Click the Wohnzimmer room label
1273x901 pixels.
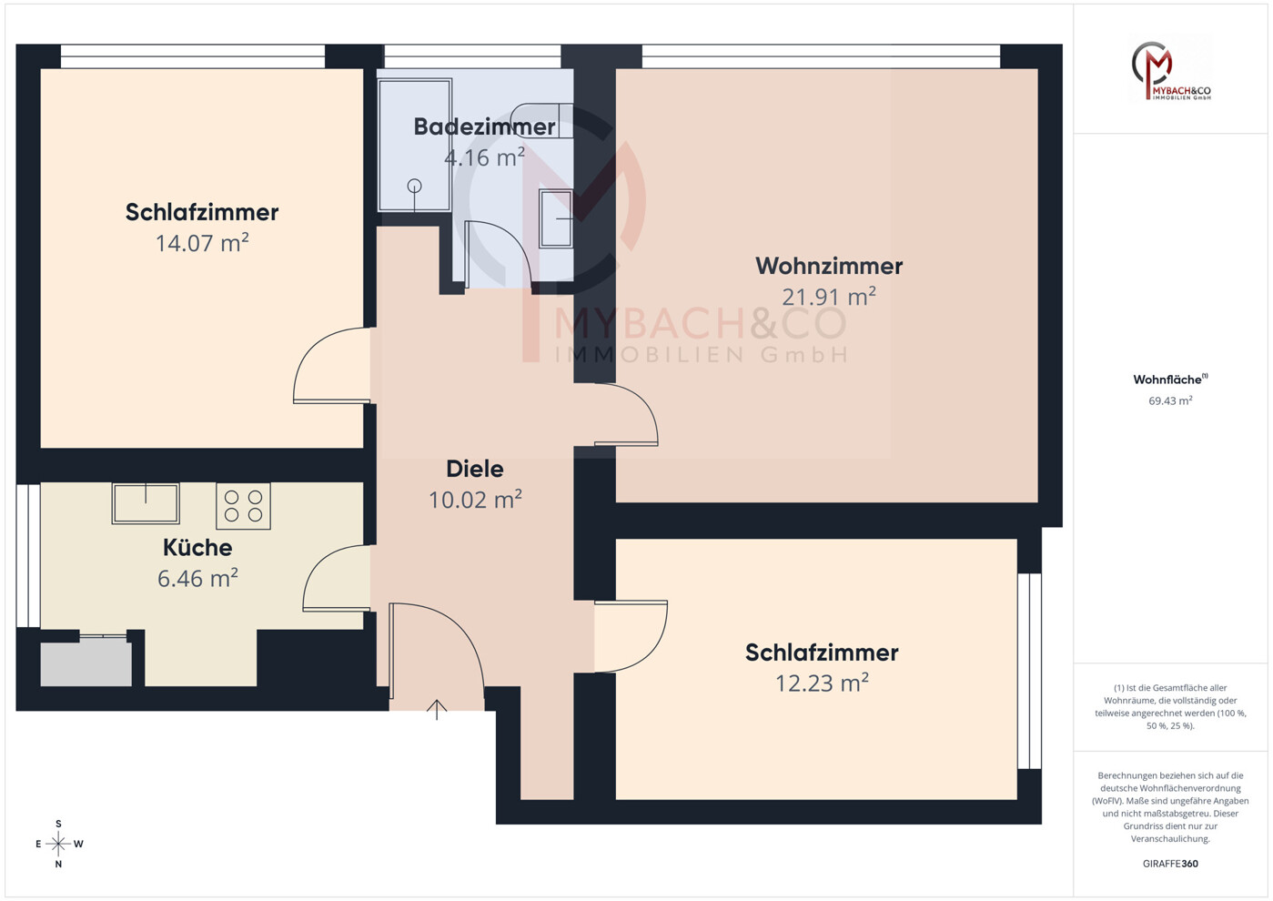pos(829,266)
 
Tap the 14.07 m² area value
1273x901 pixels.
pos(202,243)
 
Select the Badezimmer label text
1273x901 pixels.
pos(484,127)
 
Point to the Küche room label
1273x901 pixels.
pos(197,547)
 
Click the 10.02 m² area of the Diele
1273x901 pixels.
pos(475,500)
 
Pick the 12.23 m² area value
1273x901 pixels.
pos(822,683)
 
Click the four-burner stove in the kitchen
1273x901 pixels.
pos(243,506)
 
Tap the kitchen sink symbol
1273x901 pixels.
pos(146,503)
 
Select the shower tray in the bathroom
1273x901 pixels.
pos(415,145)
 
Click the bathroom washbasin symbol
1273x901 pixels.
pos(556,218)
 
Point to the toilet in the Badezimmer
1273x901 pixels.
pos(542,120)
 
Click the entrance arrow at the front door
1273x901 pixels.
pos(437,710)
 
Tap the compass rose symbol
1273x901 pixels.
pos(58,844)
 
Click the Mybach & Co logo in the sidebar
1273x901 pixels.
pos(1171,71)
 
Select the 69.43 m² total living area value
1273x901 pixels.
pos(1170,400)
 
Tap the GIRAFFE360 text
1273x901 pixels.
pos(1170,864)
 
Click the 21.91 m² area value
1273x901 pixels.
pos(829,297)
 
